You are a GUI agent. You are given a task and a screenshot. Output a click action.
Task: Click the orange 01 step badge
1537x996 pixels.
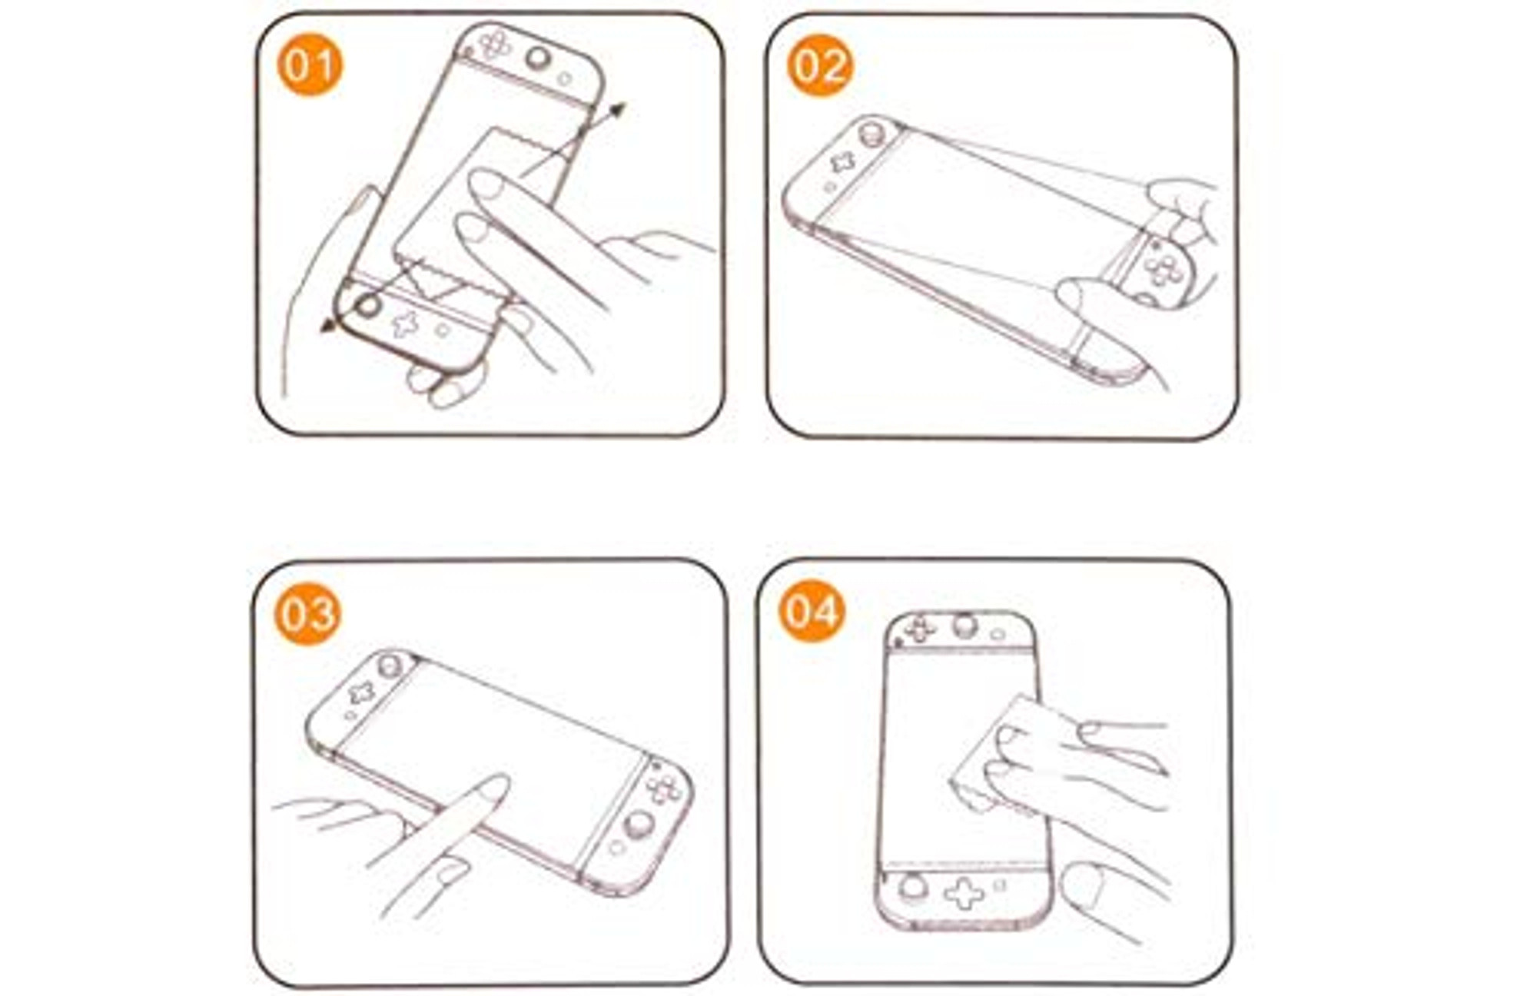click(x=310, y=65)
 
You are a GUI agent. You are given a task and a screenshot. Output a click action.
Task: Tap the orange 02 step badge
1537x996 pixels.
click(x=819, y=65)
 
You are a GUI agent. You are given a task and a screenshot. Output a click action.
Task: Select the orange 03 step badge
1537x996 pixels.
click(x=307, y=613)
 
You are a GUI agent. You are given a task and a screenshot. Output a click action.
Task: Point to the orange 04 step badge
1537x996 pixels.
click(x=812, y=612)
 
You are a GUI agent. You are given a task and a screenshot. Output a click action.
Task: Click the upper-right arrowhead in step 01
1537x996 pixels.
click(x=617, y=111)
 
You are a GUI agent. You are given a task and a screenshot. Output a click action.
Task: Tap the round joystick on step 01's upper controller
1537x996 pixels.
click(x=538, y=58)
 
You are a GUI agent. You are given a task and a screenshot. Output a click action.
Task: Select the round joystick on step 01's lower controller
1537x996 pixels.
click(x=368, y=305)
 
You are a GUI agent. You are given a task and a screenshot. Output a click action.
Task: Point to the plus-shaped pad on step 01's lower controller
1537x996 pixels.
click(x=405, y=324)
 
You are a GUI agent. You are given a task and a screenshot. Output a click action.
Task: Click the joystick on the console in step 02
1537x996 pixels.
click(x=871, y=134)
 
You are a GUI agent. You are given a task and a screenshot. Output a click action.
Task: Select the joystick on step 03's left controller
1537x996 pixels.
click(x=390, y=665)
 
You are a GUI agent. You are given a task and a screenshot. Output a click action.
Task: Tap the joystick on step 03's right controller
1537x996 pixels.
click(x=639, y=825)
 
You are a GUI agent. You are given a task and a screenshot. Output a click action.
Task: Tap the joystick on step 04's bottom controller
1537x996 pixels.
click(x=912, y=887)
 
